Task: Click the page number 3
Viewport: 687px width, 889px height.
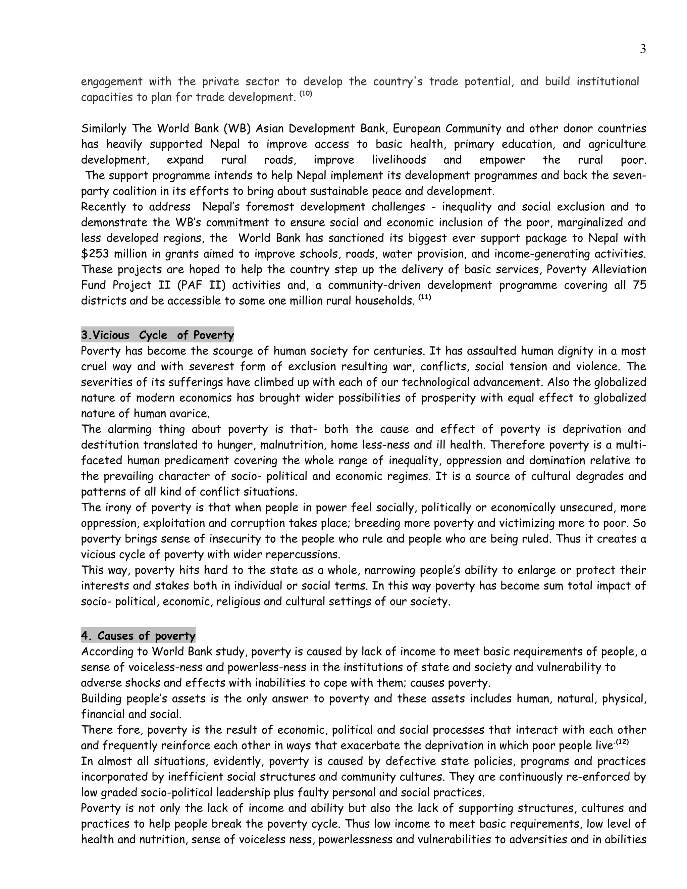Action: coord(643,49)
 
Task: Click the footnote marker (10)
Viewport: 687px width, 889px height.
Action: coord(306,94)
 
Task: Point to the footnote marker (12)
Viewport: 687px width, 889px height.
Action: coord(622,742)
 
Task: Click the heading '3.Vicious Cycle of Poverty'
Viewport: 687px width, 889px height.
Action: coord(158,335)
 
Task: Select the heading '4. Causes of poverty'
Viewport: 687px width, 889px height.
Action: coord(138,636)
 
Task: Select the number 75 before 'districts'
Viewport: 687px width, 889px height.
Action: coord(639,285)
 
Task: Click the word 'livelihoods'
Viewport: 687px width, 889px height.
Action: coord(399,160)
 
